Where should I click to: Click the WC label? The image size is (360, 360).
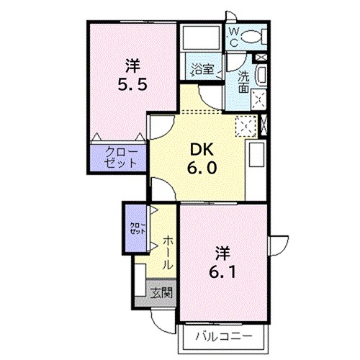[234, 37]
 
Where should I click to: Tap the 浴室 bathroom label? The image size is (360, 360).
[202, 70]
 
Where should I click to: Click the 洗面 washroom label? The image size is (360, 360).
[244, 81]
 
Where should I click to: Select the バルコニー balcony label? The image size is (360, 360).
[222, 336]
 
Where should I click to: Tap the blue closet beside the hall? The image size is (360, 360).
[135, 229]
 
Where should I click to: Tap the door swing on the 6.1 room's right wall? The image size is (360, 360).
[282, 243]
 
